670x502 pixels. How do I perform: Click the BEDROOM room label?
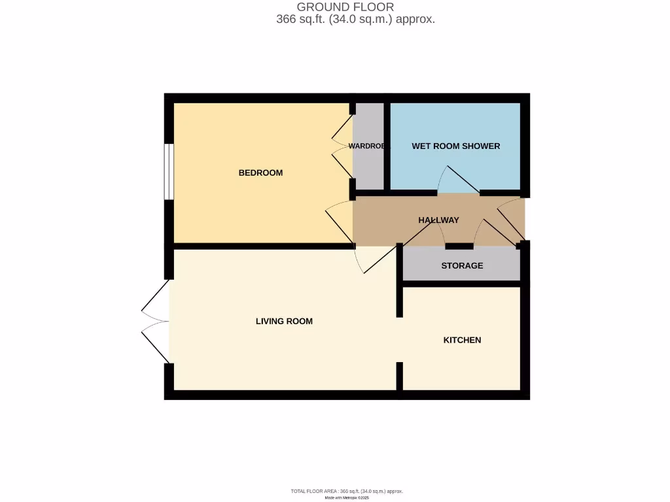260,173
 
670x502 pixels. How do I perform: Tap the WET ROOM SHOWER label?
455,146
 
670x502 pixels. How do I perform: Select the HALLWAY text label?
438,220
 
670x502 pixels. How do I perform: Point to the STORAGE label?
462,265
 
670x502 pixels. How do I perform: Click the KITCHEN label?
462,340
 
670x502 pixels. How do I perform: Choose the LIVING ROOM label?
284,321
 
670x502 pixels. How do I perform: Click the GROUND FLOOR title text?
345,7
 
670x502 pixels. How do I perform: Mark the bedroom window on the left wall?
169,171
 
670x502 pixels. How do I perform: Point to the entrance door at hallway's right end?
512,220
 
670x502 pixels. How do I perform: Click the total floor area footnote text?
347,491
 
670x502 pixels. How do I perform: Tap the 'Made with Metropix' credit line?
347,497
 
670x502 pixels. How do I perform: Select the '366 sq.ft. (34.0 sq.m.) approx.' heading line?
356,20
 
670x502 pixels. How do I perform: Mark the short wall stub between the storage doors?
459,246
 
